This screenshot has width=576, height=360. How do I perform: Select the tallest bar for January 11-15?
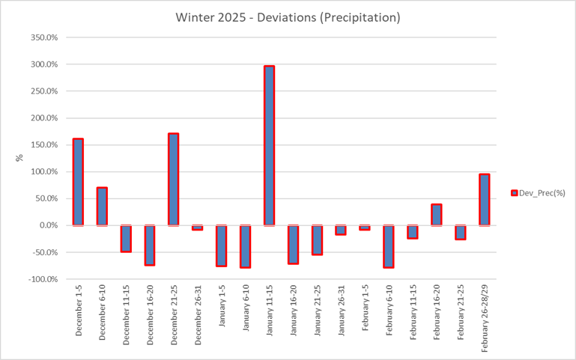(x=269, y=145)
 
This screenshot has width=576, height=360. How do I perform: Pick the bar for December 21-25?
(x=173, y=180)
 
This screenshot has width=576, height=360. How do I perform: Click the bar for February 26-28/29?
(x=484, y=200)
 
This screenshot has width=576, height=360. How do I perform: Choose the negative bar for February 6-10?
(x=389, y=246)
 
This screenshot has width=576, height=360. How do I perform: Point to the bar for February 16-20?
(x=436, y=215)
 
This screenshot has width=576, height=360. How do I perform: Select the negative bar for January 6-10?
(x=245, y=246)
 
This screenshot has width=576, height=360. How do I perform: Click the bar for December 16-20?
(x=150, y=245)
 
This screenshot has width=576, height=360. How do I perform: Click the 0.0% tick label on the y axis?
(x=48, y=225)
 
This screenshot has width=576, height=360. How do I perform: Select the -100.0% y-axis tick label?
(x=43, y=279)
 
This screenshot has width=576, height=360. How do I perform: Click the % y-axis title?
(x=20, y=158)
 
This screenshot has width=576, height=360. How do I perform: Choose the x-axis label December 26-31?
(x=198, y=314)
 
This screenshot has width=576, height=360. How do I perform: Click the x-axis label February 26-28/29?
(x=484, y=318)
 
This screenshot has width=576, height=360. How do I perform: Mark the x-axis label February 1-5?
(x=365, y=311)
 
